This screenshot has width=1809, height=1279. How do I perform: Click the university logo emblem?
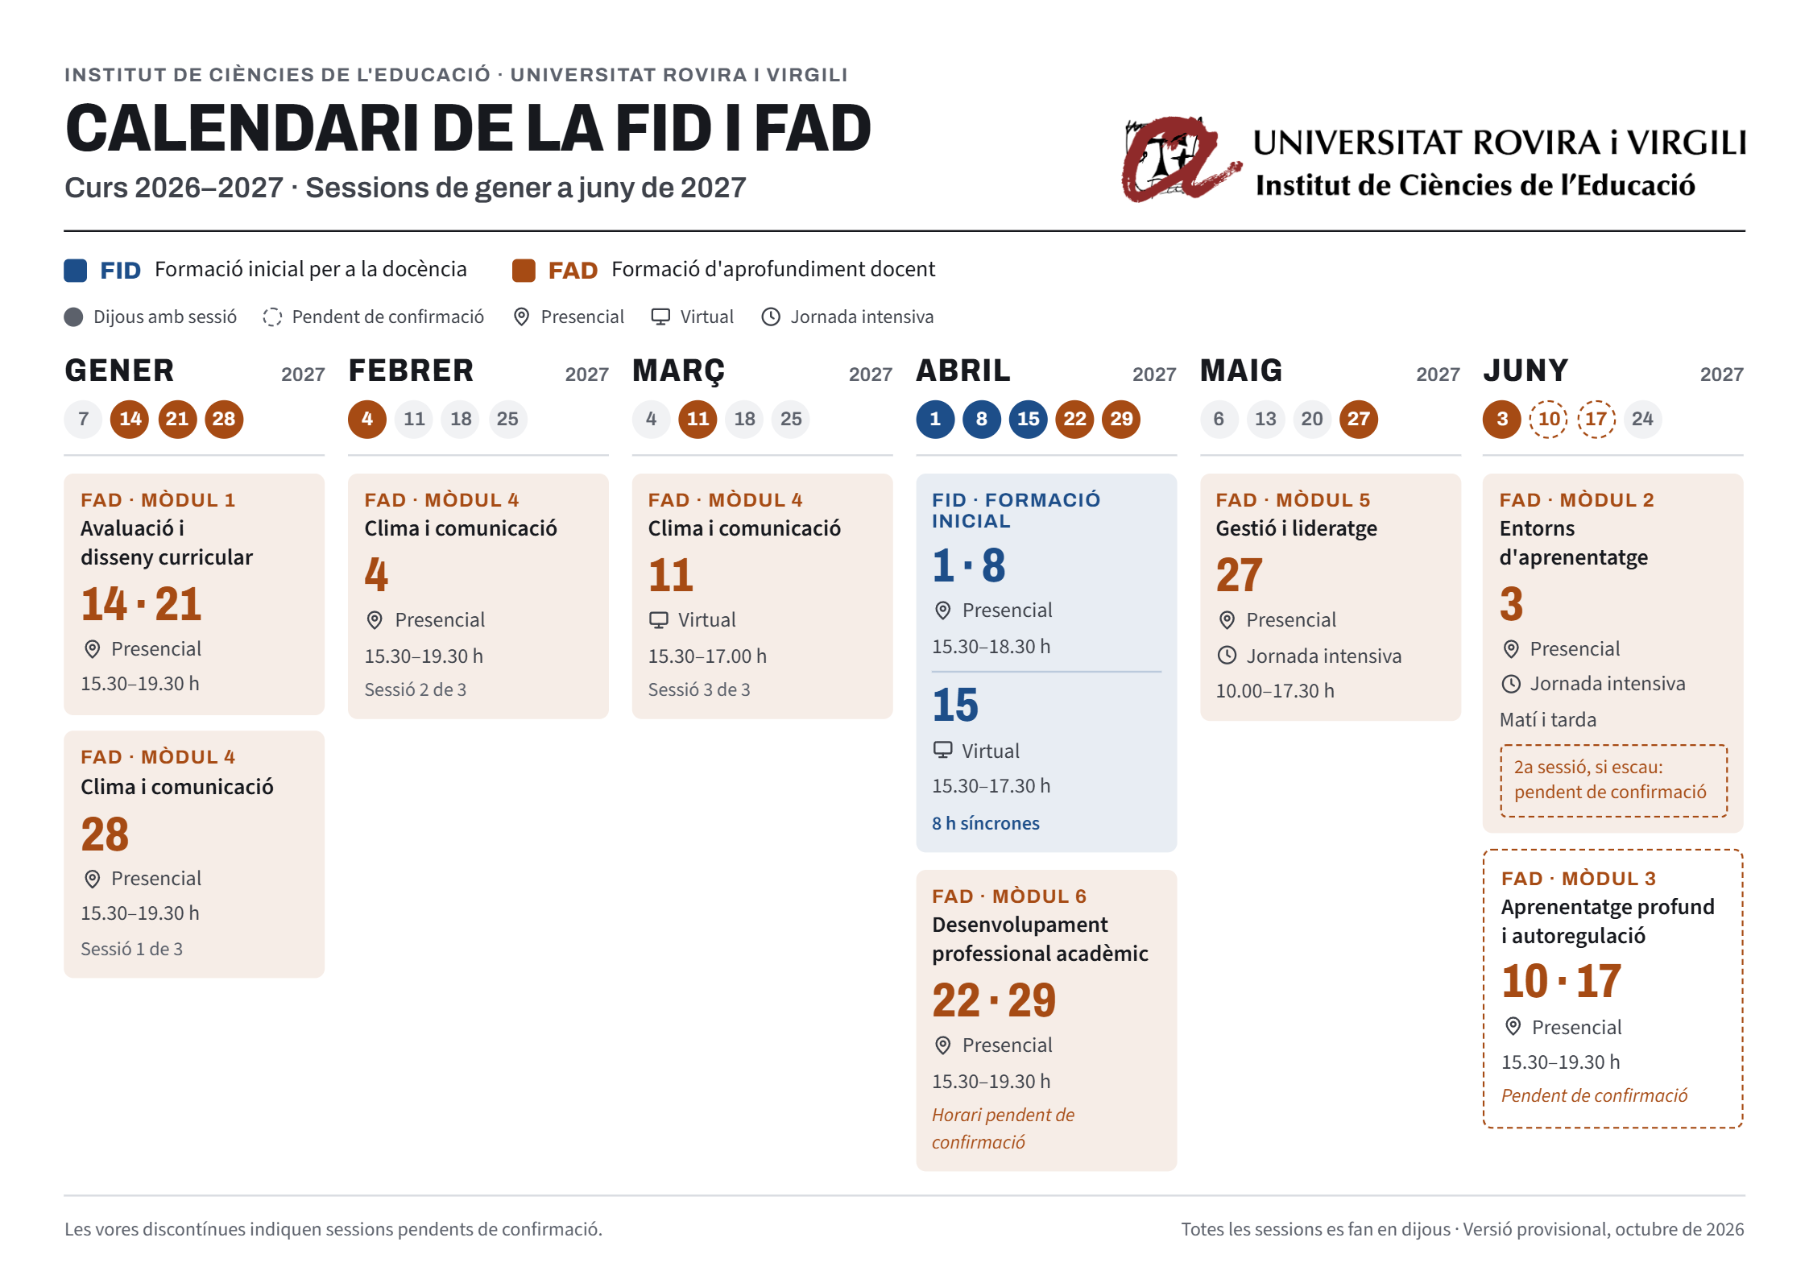click(x=1180, y=159)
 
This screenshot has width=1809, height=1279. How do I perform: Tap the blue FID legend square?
click(x=76, y=271)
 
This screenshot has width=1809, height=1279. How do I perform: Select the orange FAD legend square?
click(x=524, y=271)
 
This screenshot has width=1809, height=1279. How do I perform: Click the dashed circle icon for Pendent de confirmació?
click(x=272, y=317)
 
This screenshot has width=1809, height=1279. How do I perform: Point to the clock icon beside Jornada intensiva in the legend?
click(x=771, y=317)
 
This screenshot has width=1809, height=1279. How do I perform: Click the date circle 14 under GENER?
click(x=130, y=419)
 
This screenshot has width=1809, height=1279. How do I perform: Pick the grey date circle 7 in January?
click(x=84, y=419)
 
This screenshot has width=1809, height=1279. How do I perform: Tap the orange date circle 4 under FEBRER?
click(x=367, y=419)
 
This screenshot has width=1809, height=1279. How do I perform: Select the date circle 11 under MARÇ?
click(x=698, y=419)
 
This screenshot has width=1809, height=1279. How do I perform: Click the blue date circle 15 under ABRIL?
click(x=1028, y=419)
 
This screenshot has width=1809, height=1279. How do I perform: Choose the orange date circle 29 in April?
click(x=1121, y=419)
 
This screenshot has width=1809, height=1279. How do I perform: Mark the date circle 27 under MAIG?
click(x=1358, y=419)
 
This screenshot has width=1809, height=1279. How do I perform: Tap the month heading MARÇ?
click(x=678, y=371)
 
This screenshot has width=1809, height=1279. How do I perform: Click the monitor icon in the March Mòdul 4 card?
click(x=659, y=620)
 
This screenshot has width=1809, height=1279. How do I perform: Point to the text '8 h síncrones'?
click(x=985, y=823)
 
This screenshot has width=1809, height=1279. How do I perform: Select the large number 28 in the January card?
click(x=105, y=834)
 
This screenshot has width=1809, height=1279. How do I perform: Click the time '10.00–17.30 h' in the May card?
click(x=1274, y=691)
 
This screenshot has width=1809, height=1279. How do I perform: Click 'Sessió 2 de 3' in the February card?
click(x=415, y=690)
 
